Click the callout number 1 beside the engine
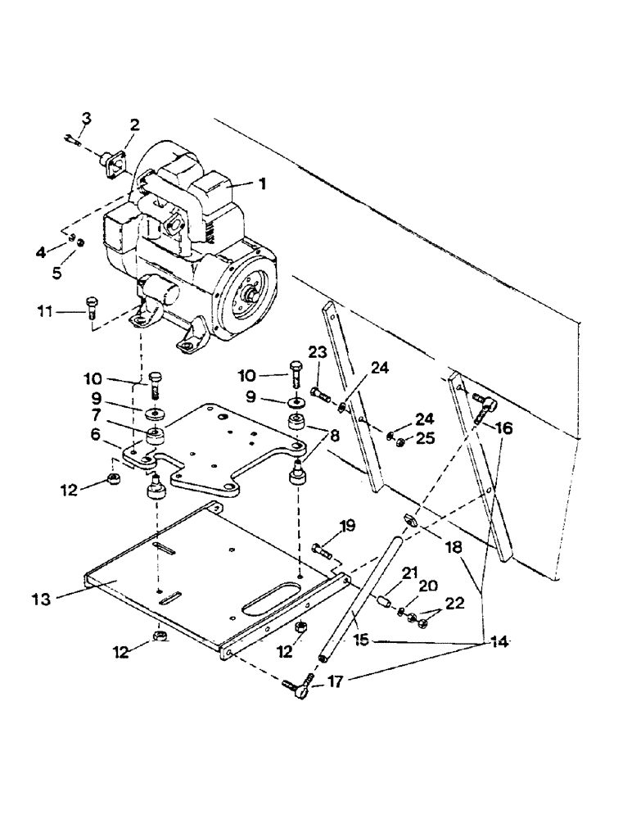click(262, 185)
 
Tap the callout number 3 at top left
click(86, 119)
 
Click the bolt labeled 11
click(90, 308)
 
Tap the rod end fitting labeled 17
click(296, 681)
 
